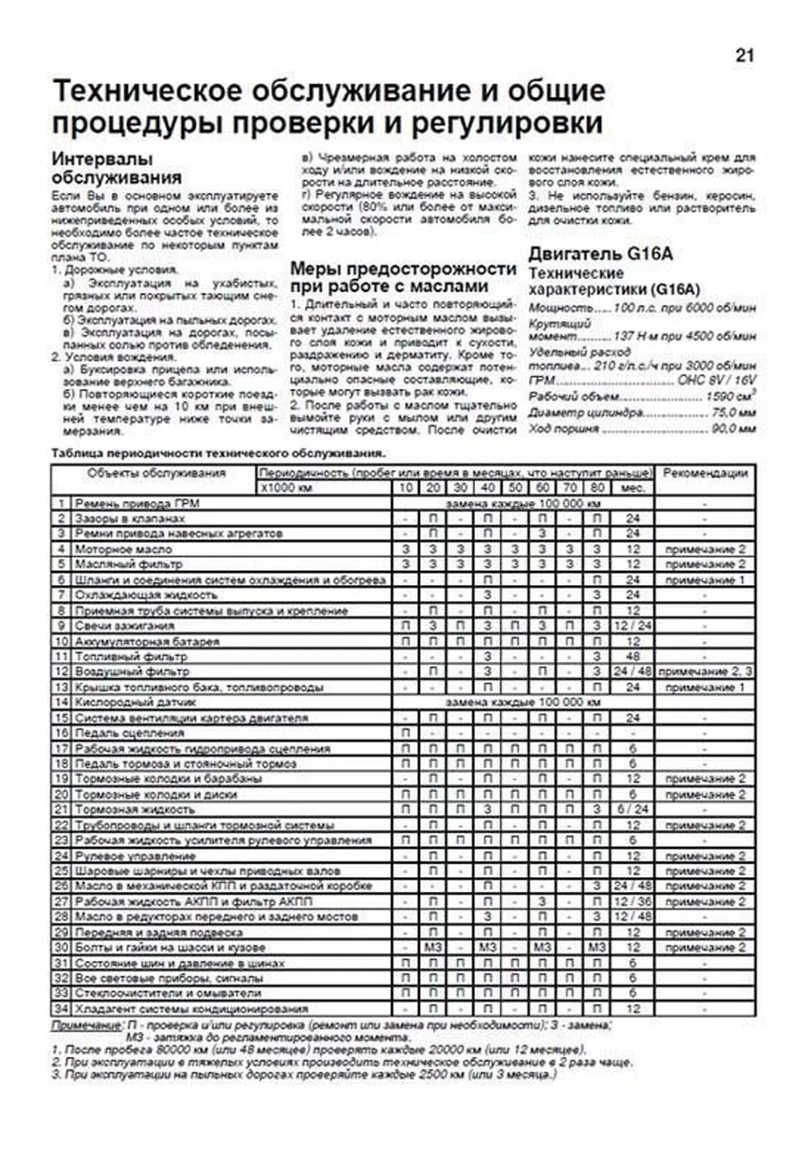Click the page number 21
(744, 56)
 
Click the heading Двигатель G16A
(600, 254)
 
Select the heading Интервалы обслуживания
(116, 168)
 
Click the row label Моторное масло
(114, 549)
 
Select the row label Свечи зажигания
(115, 625)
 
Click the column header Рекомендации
(705, 473)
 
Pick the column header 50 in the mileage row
(515, 488)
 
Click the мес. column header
(633, 488)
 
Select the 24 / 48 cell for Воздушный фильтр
(633, 672)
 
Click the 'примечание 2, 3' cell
(705, 672)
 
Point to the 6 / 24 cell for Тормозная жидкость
(633, 809)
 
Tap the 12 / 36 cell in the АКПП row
(633, 902)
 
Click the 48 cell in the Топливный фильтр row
(633, 656)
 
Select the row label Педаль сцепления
(129, 733)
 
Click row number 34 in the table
(62, 1009)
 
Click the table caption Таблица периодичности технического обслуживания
(218, 453)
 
